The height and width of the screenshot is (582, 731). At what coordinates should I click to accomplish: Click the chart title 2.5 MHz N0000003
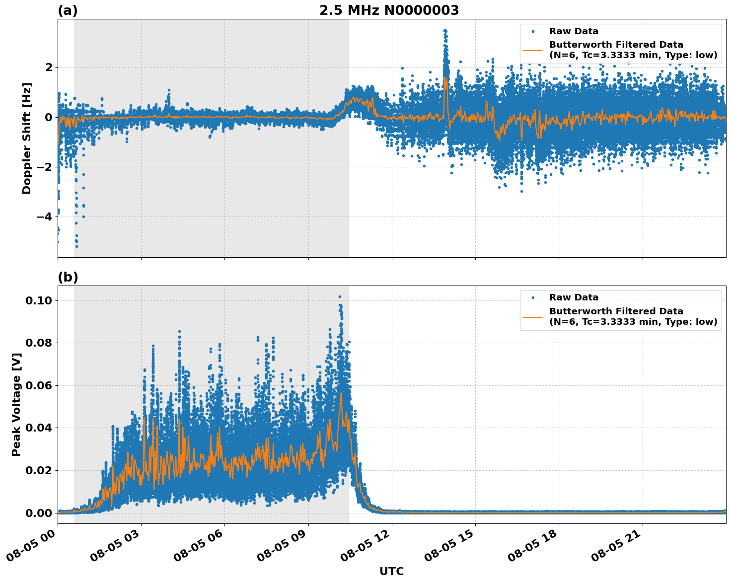tap(389, 10)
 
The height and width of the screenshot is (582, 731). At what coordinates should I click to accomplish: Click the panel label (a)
tap(68, 10)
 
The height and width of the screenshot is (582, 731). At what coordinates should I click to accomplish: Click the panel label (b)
tap(68, 277)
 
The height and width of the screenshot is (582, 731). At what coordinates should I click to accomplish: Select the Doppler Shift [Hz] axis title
tap(27, 138)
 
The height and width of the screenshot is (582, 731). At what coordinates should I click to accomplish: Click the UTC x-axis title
tap(391, 571)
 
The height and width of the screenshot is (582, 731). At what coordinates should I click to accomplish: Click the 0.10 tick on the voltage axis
tap(38, 300)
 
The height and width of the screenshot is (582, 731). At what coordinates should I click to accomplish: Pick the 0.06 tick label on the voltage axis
tap(38, 385)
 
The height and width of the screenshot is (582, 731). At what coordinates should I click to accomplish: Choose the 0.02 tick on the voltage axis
tap(38, 470)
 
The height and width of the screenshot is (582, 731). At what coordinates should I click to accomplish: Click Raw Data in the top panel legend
tap(574, 31)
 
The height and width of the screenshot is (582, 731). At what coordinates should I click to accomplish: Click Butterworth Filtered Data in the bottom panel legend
tap(616, 311)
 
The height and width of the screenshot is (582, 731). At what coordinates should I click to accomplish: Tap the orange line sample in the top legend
tap(533, 50)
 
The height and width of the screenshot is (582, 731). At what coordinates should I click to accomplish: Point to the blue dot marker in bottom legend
tap(533, 297)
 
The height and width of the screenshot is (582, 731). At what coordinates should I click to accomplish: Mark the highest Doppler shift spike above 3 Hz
tap(445, 30)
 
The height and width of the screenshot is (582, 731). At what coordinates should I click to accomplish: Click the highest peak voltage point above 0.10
tap(340, 296)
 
